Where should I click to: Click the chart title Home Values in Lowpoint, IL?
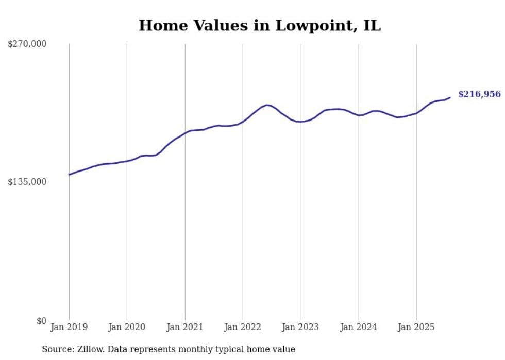260,25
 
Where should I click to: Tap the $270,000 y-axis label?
27,44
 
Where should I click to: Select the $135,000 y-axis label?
27,182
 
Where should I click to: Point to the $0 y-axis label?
41,321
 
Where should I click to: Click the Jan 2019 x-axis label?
69,327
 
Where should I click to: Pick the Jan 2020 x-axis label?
127,327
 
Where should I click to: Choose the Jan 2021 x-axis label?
184,327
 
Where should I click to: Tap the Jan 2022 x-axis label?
243,327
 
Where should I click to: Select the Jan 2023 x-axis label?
301,327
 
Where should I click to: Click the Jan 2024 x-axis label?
359,327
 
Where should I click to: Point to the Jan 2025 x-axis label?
416,327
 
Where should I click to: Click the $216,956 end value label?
479,94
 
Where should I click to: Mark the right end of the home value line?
450,97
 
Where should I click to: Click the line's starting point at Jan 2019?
69,175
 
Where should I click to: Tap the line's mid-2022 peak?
266,105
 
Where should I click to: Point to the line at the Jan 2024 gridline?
359,115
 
